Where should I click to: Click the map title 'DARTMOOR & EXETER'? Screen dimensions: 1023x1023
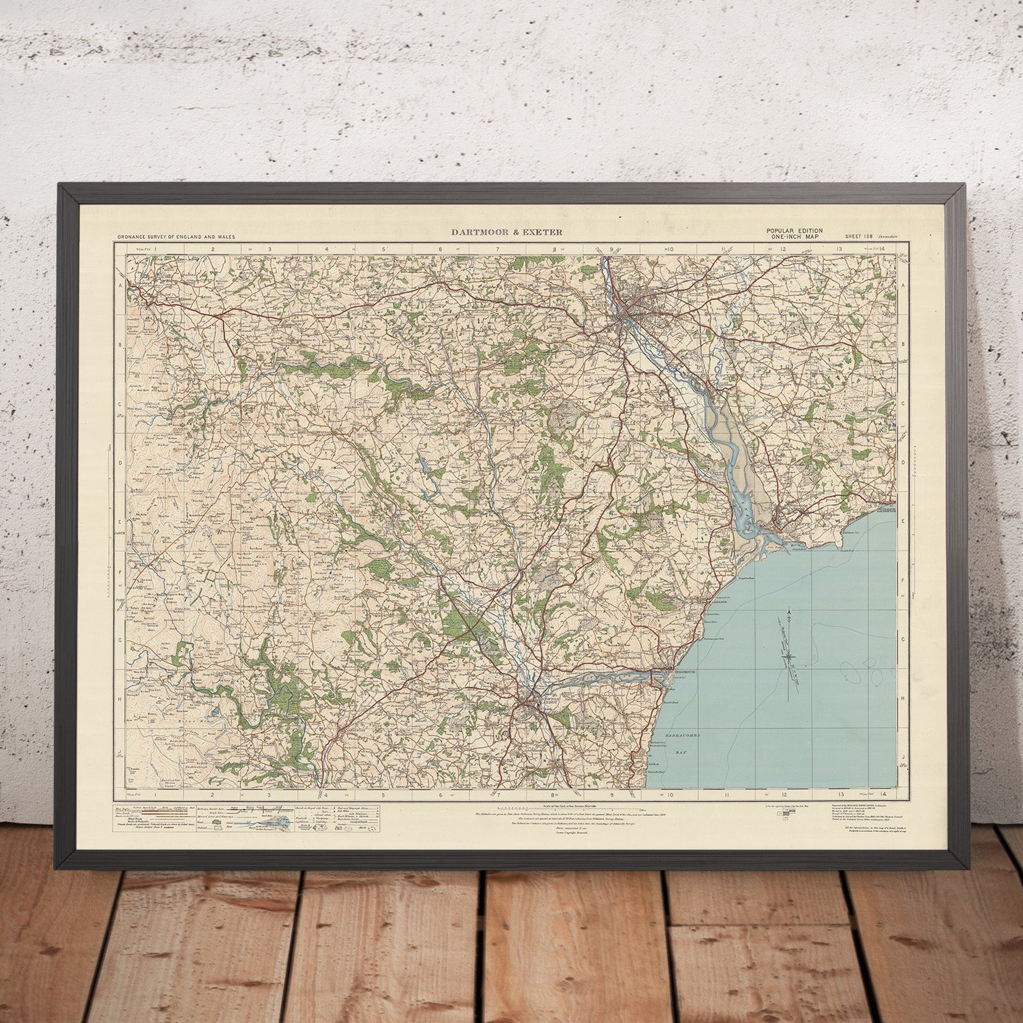click(507, 233)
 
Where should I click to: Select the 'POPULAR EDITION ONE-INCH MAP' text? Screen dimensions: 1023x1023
click(794, 233)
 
